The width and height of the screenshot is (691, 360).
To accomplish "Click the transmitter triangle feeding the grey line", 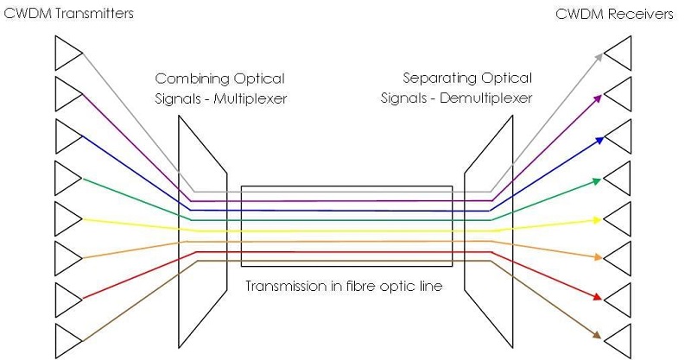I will [x=66, y=53].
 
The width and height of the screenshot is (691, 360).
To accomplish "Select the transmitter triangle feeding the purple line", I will [x=66, y=94].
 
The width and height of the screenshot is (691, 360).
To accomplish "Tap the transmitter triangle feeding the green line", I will [x=66, y=178].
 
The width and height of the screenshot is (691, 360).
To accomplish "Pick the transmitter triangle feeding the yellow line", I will [x=66, y=218].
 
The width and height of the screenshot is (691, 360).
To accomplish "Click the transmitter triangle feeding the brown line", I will [x=66, y=341].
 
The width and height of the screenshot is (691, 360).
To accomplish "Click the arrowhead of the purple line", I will [x=597, y=98].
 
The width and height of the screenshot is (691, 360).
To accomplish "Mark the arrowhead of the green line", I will [x=597, y=180].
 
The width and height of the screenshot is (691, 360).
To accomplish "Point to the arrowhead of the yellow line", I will [x=597, y=220].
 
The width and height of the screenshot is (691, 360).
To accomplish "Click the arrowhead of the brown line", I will [x=597, y=336].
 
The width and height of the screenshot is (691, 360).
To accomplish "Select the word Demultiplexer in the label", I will [x=486, y=98].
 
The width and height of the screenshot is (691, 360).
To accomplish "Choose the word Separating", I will [x=436, y=79].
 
